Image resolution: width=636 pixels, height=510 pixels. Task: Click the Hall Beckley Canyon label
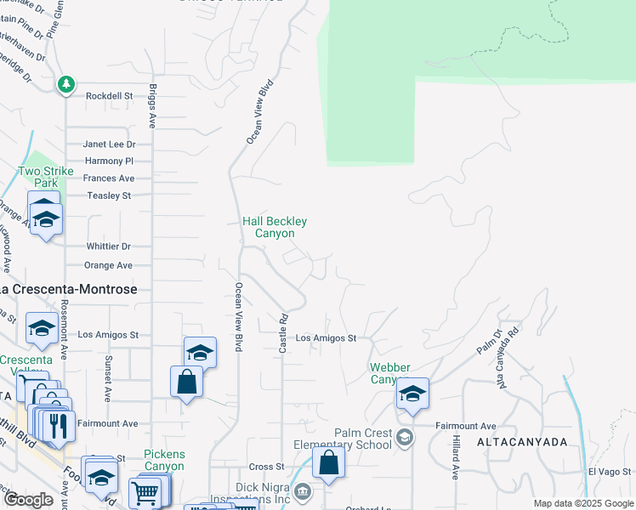275,227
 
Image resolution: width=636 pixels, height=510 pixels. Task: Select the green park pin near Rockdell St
66,84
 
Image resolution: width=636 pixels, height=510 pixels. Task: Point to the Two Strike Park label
46,177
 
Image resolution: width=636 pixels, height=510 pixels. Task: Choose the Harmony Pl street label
110,161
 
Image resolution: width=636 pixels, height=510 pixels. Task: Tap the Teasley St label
110,195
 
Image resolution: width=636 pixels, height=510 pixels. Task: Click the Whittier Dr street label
108,246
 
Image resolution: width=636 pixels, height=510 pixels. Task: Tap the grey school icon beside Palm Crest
405,438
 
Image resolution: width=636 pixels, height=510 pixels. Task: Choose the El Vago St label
609,472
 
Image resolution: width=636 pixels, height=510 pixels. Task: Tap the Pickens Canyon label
163,460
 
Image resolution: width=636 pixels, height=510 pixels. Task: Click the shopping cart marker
145,493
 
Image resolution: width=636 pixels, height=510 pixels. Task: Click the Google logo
28,500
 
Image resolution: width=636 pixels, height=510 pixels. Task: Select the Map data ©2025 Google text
583,503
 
